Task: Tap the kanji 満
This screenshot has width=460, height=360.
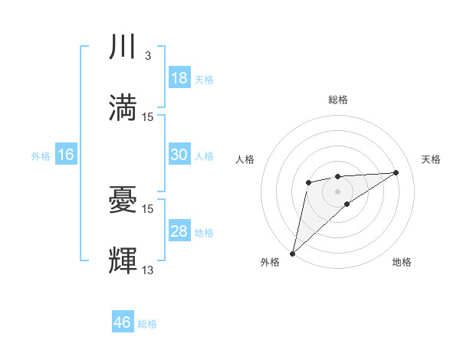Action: [123, 107]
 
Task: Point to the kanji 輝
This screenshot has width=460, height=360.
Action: [123, 260]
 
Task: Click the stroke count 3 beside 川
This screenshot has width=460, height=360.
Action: [147, 56]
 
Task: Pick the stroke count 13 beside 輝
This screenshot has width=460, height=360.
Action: [148, 269]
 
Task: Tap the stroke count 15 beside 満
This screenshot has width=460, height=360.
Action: [148, 116]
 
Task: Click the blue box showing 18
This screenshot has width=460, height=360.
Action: [179, 78]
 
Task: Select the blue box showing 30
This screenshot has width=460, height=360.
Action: [179, 155]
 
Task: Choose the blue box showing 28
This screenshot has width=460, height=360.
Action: [179, 231]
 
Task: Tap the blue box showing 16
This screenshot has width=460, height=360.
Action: [66, 155]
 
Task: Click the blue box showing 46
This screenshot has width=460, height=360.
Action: [123, 322]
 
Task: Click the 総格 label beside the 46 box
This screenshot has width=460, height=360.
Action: [147, 324]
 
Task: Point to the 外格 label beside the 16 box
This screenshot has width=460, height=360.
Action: [41, 155]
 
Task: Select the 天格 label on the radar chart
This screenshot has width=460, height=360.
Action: [431, 159]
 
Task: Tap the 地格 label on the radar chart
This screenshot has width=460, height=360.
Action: [402, 262]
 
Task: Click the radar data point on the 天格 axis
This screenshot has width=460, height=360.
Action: [396, 172]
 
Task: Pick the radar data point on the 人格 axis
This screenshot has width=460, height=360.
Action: [308, 182]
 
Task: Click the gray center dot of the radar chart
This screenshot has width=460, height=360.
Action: [337, 191]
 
